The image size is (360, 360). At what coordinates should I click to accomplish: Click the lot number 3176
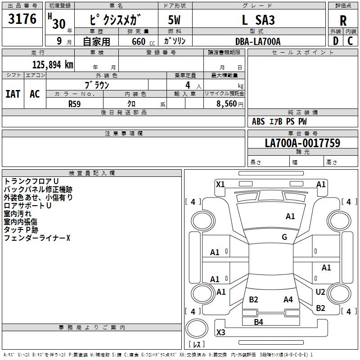click(22, 19)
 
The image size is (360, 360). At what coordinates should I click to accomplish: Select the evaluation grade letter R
click(343, 20)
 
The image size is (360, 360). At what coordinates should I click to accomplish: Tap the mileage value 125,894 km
click(53, 64)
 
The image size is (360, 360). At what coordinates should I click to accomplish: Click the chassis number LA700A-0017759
click(302, 143)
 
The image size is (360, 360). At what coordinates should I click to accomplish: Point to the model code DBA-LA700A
click(258, 41)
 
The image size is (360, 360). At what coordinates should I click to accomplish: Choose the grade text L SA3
click(258, 20)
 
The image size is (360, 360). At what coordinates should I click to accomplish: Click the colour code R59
click(75, 103)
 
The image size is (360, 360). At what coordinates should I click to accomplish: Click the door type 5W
click(175, 20)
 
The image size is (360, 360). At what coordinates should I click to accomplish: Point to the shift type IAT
click(13, 94)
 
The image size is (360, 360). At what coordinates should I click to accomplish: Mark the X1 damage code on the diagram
click(220, 184)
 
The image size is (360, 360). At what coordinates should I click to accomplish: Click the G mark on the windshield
click(284, 237)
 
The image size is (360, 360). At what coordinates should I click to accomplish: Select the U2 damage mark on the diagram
click(320, 292)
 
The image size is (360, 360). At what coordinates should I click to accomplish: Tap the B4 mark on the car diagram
click(258, 322)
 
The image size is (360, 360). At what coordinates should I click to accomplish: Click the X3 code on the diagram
click(220, 333)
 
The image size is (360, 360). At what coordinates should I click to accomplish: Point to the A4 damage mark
click(288, 299)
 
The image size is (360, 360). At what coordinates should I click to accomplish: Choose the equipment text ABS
click(258, 121)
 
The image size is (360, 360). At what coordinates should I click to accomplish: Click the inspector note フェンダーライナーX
click(37, 238)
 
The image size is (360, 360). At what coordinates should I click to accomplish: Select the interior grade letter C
click(350, 41)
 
